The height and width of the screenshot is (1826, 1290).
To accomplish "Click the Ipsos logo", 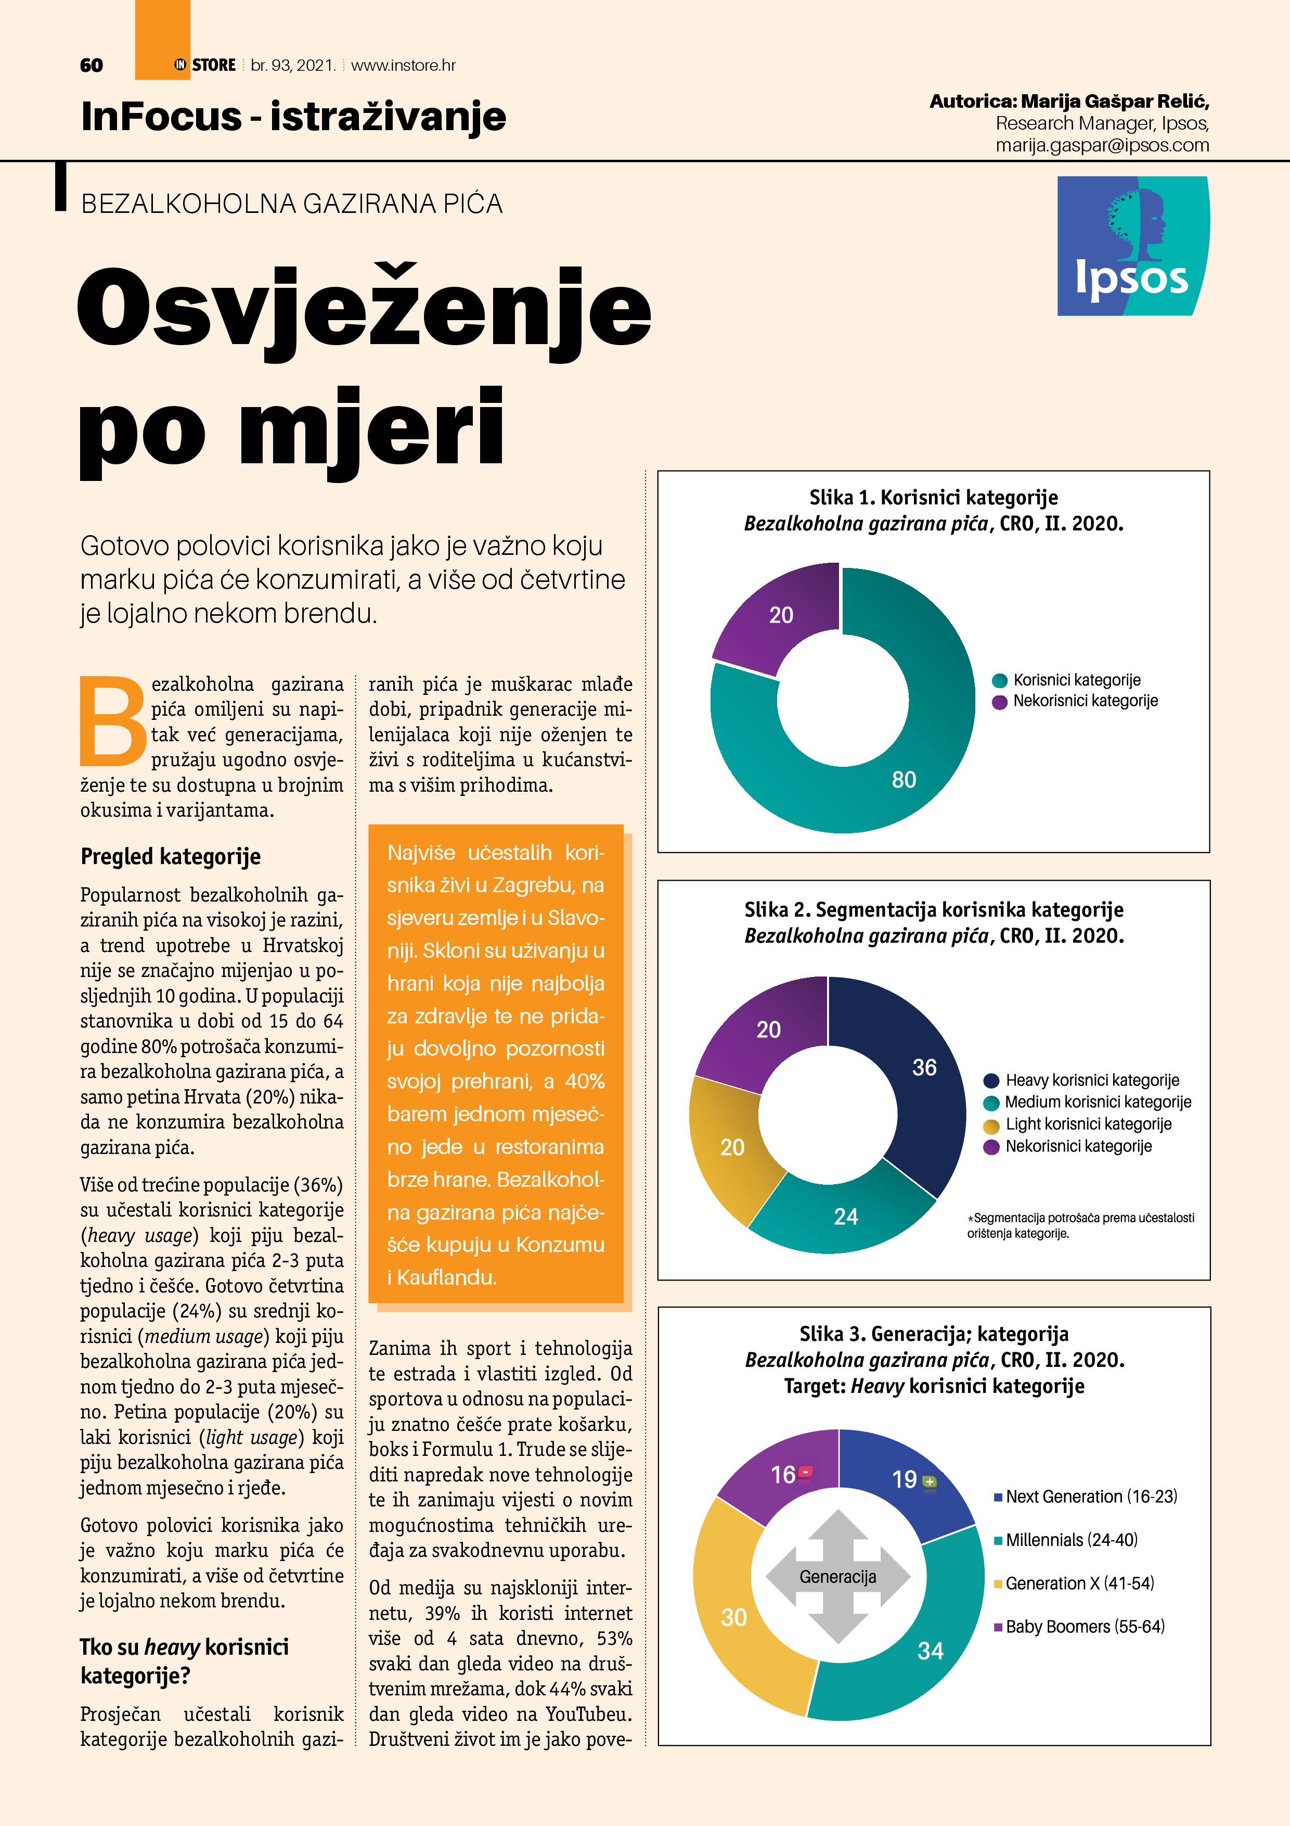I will (x=1132, y=246).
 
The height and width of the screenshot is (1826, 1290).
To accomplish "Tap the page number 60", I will (x=92, y=65).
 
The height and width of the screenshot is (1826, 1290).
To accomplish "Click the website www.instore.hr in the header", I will (x=403, y=65).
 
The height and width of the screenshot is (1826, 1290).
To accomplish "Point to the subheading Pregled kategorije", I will (x=170, y=857).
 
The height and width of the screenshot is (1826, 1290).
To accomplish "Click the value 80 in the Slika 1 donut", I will (x=904, y=779).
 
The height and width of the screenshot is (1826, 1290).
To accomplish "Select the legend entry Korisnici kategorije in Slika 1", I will (x=1076, y=680).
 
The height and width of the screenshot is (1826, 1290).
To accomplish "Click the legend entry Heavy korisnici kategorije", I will (x=1091, y=1080).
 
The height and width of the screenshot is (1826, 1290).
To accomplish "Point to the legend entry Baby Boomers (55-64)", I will (x=1084, y=1627).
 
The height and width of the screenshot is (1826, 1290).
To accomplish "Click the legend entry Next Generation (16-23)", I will (x=1090, y=1497).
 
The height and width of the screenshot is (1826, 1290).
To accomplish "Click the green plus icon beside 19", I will (x=929, y=1481).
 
